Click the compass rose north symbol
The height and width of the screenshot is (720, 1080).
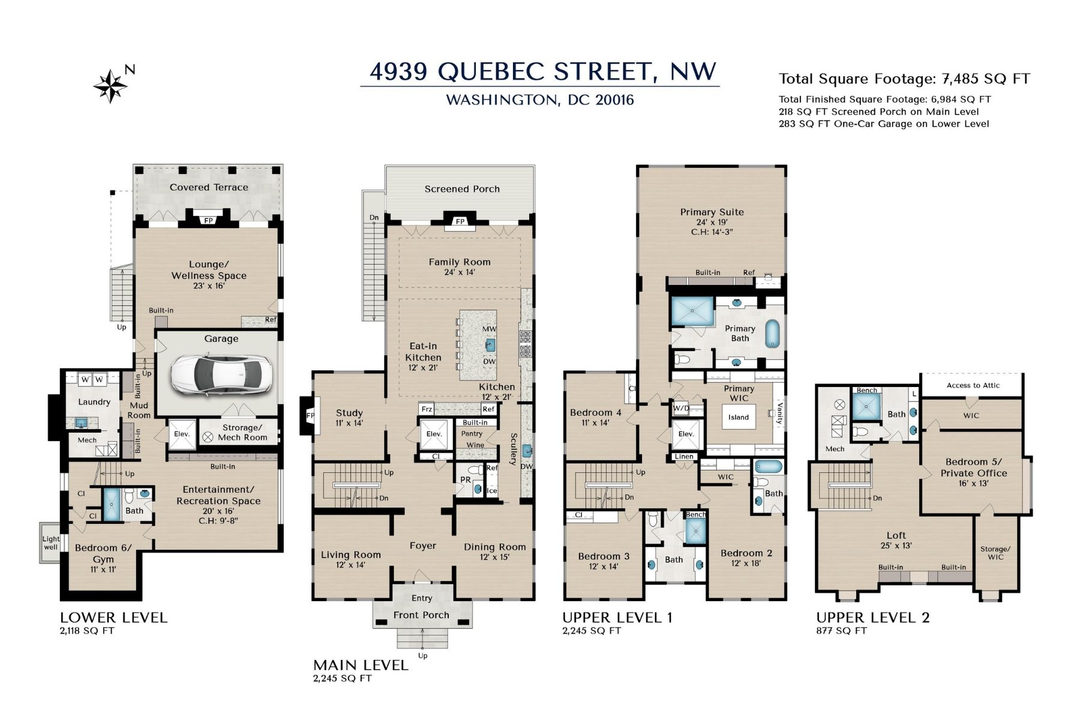pyautogui.click(x=111, y=86)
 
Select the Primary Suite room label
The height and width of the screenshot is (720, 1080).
pyautogui.click(x=712, y=212)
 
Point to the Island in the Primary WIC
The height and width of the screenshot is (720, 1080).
pyautogui.click(x=739, y=417)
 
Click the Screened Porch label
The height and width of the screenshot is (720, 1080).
pyautogui.click(x=462, y=189)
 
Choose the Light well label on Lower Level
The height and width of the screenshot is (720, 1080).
pyautogui.click(x=51, y=543)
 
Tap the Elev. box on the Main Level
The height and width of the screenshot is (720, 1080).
pyautogui.click(x=434, y=434)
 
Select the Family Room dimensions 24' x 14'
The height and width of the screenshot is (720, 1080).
pyautogui.click(x=460, y=272)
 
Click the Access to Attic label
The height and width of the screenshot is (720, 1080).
pyautogui.click(x=973, y=385)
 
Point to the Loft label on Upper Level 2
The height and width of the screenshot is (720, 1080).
pyautogui.click(x=896, y=535)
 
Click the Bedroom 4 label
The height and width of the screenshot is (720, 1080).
pyautogui.click(x=595, y=412)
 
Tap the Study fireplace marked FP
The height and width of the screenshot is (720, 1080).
pyautogui.click(x=310, y=416)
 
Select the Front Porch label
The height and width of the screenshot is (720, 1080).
pyautogui.click(x=421, y=615)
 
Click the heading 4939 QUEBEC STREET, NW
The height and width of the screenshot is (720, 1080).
pyautogui.click(x=543, y=71)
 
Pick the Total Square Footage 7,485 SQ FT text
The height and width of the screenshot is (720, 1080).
pyautogui.click(x=904, y=79)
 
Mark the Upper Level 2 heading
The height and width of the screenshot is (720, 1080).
pyautogui.click(x=873, y=617)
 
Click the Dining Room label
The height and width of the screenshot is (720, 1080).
pyautogui.click(x=495, y=547)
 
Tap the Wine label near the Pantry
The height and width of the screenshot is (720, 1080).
pyautogui.click(x=475, y=445)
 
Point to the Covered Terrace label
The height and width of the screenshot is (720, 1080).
pyautogui.click(x=209, y=187)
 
